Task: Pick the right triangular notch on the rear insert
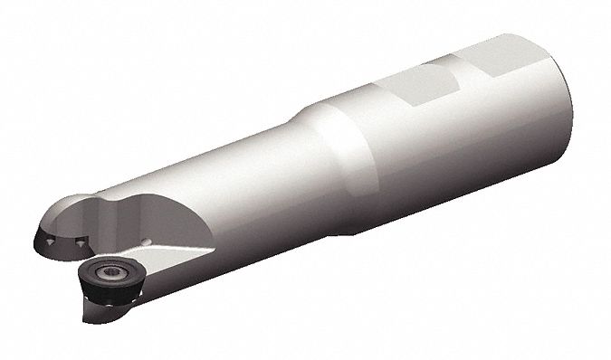coord(82,243)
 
